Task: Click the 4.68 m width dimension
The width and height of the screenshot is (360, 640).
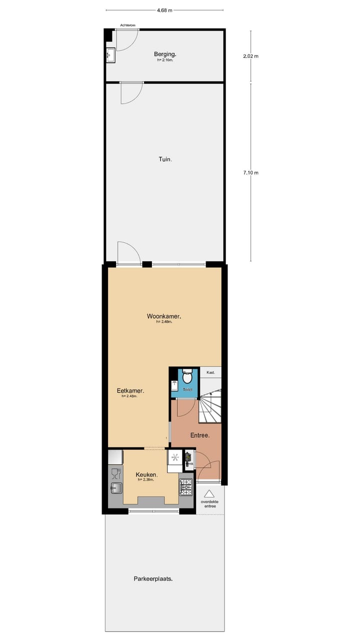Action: click(x=164, y=9)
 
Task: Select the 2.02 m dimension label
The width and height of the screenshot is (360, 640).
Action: click(x=250, y=56)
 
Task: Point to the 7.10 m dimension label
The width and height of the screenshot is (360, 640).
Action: click(x=250, y=172)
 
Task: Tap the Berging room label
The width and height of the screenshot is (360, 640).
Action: click(x=165, y=54)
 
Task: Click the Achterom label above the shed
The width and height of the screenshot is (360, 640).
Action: click(x=128, y=25)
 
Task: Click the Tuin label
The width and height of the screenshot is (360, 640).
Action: click(x=165, y=159)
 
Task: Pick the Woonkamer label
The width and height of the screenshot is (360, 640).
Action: click(x=164, y=316)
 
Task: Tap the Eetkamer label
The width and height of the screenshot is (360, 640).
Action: click(x=130, y=391)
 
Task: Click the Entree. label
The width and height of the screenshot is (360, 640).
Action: click(x=199, y=435)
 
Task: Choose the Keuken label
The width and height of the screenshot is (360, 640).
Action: click(x=147, y=474)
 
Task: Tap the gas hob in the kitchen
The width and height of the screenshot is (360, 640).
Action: click(x=186, y=484)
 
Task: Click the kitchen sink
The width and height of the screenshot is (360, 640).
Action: click(x=115, y=487)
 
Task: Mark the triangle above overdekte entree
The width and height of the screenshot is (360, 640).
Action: click(x=209, y=493)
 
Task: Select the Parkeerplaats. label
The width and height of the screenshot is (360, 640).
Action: click(x=153, y=578)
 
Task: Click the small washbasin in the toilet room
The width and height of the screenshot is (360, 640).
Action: click(x=174, y=385)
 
